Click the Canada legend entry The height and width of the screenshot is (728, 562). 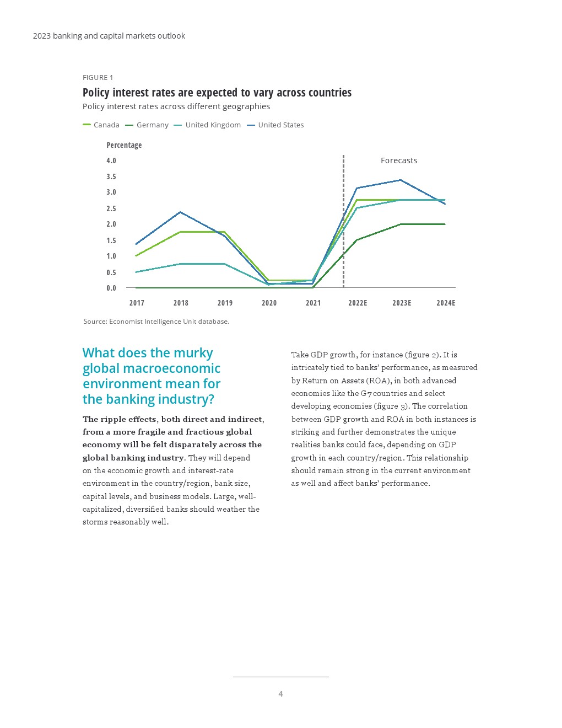point(101,125)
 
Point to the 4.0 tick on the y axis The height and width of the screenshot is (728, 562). point(111,160)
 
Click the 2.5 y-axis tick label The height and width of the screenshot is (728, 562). point(111,208)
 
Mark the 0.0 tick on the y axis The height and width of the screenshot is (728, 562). point(111,288)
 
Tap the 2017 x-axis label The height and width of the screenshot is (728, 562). point(137,303)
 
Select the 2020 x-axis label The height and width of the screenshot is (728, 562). point(269,303)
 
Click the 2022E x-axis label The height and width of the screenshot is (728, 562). point(358,303)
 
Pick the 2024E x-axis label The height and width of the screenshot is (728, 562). point(446,303)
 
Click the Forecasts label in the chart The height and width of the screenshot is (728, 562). point(399,160)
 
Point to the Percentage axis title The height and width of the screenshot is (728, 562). point(124,145)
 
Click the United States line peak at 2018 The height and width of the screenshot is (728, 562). point(180,212)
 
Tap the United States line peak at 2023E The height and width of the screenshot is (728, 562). point(401,180)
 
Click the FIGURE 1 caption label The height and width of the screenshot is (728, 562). point(98,78)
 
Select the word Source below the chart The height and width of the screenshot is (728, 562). point(95,322)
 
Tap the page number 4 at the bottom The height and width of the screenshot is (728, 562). point(280,694)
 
